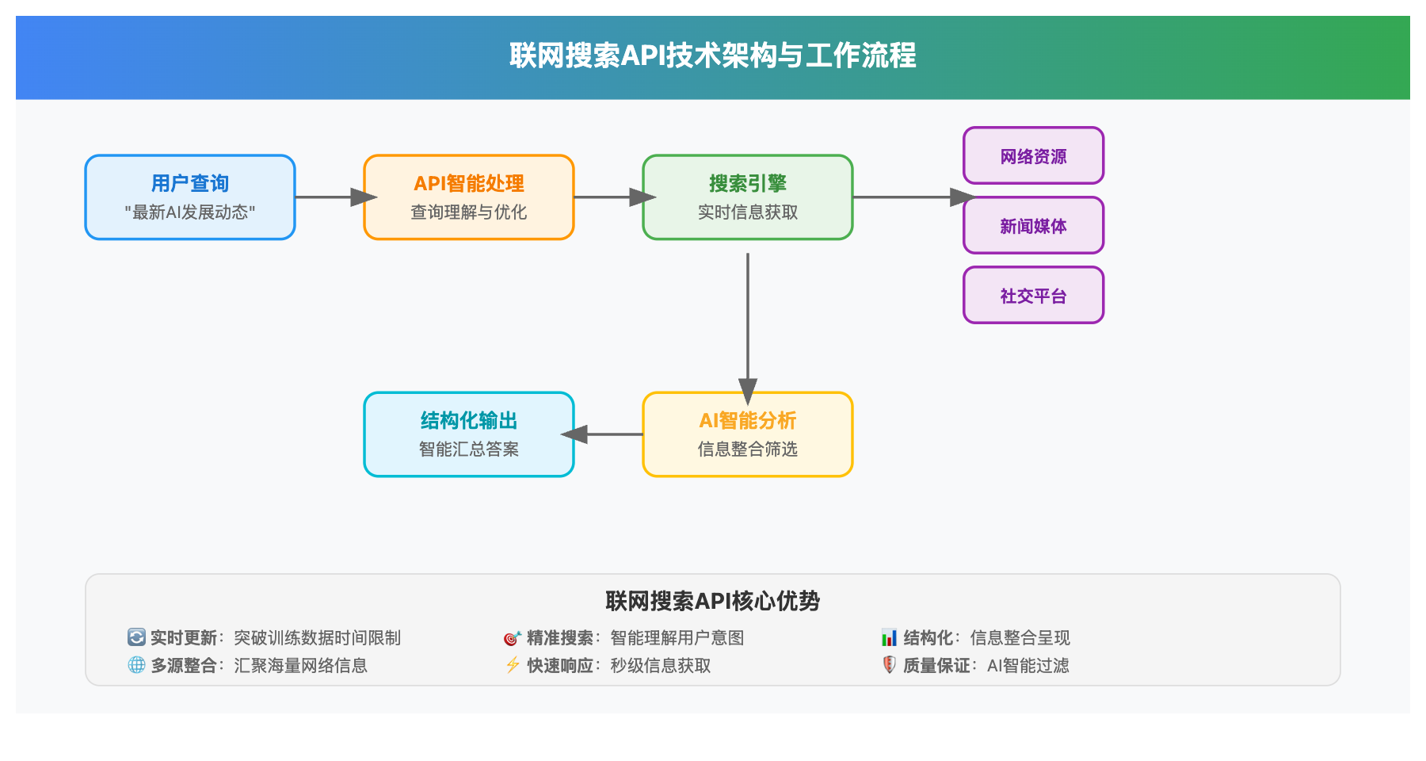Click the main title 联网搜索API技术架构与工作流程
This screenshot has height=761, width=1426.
(x=712, y=55)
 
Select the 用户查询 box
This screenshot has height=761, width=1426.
(x=190, y=197)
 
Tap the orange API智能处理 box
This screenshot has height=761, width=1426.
(x=469, y=197)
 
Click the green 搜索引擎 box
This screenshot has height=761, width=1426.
(x=748, y=197)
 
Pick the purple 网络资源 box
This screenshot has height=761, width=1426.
(x=1033, y=156)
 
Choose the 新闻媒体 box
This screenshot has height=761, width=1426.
(x=1033, y=226)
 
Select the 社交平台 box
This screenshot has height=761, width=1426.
(x=1033, y=296)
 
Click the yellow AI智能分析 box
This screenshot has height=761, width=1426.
(x=748, y=434)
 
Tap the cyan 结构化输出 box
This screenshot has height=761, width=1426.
(x=469, y=434)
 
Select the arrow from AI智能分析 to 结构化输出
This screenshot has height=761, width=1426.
(x=606, y=434)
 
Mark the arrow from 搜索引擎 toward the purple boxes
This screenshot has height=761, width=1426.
(x=908, y=197)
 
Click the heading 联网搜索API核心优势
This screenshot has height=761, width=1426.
(x=712, y=601)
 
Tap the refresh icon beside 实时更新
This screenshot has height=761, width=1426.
(x=136, y=637)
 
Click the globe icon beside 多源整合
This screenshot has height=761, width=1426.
(x=136, y=665)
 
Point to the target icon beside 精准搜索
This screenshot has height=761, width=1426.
(x=512, y=637)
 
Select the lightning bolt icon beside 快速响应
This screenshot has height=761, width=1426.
(x=513, y=665)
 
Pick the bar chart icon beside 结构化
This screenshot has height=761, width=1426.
(x=889, y=637)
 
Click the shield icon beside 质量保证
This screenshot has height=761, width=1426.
(x=889, y=665)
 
